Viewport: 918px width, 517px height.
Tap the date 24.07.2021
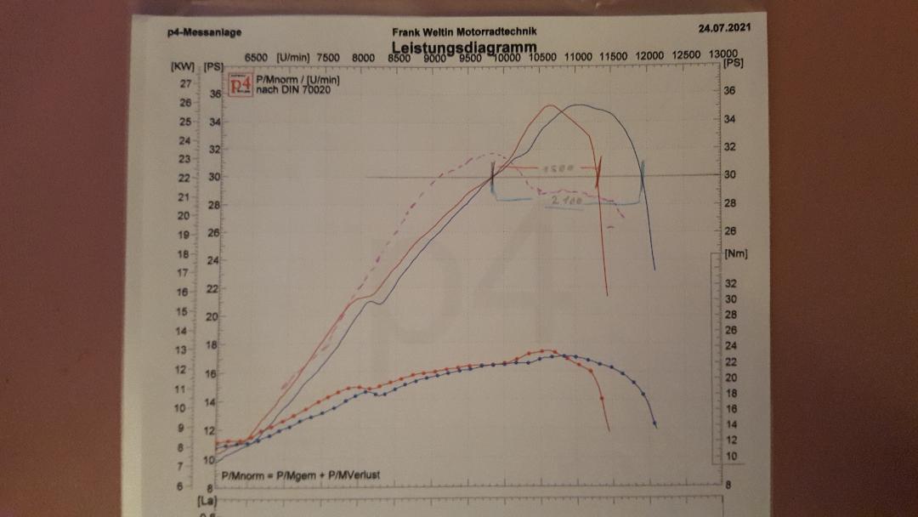click(724, 28)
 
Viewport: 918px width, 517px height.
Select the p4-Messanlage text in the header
click(204, 32)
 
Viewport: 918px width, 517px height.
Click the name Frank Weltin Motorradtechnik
click(464, 31)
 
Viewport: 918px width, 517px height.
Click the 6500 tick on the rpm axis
click(257, 58)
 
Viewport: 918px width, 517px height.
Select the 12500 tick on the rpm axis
click(686, 56)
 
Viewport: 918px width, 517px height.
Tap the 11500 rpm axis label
click(615, 57)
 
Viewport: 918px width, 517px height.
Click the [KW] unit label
click(182, 65)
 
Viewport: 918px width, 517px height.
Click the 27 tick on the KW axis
click(184, 84)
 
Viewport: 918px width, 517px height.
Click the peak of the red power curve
click(550, 105)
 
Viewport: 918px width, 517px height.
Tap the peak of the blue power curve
click(580, 105)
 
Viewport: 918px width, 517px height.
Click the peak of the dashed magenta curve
click(492, 154)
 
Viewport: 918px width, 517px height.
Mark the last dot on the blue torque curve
click(654, 423)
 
